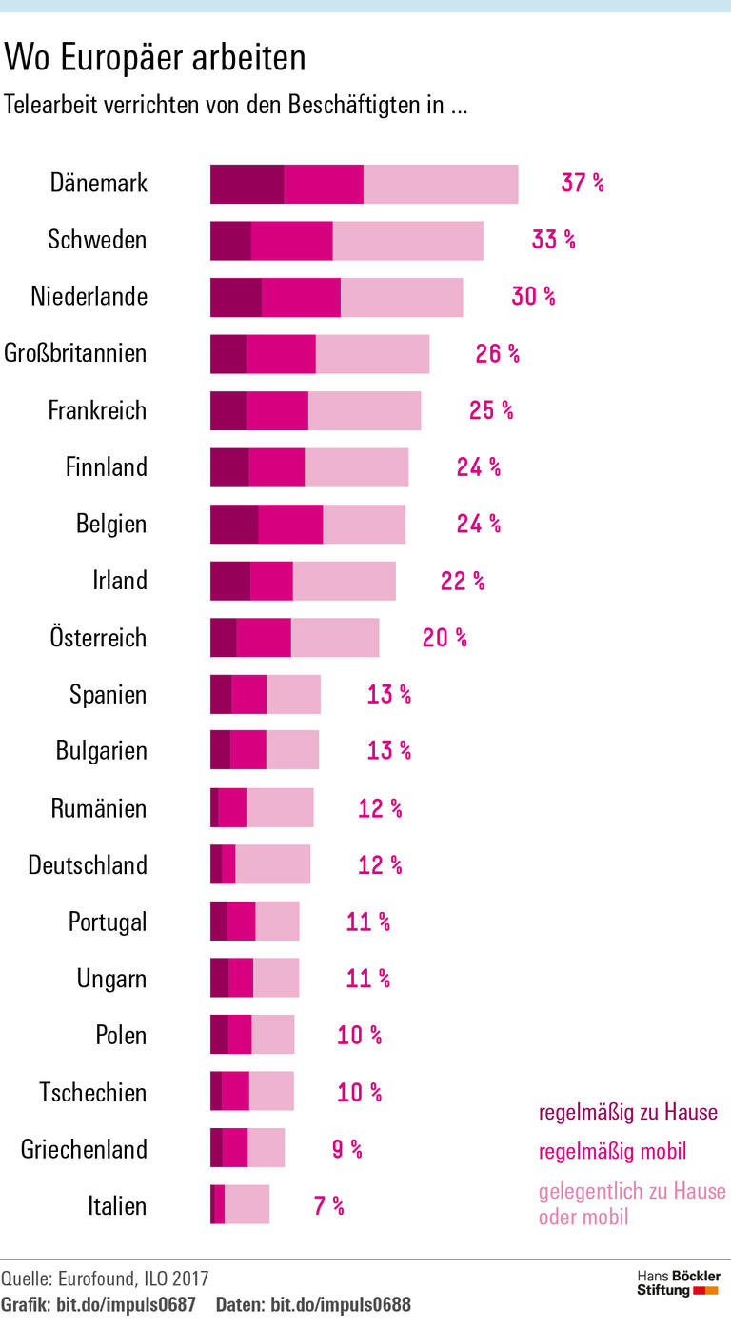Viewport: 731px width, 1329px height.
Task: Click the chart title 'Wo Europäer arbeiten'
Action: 155,59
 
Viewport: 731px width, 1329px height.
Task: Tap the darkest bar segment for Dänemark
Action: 247,184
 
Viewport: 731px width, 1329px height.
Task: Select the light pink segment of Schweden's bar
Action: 407,241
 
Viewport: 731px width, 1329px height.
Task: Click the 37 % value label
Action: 582,183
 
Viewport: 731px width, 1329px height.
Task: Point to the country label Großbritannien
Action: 76,353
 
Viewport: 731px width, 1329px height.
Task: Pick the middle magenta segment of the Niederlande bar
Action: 301,298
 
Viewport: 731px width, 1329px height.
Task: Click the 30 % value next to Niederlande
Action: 533,296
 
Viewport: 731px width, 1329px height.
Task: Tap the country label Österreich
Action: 98,637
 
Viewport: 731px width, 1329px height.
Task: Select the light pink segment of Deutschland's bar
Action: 272,864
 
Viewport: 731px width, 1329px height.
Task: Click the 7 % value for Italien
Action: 328,1206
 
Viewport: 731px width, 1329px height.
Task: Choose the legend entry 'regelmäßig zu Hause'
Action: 628,1112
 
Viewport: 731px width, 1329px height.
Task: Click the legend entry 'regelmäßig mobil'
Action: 612,1152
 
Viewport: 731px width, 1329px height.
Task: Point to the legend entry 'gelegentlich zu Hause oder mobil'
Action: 631,1203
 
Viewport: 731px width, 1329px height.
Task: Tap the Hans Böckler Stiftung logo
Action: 678,1283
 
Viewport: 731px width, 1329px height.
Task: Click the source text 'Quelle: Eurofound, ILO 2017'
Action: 105,1278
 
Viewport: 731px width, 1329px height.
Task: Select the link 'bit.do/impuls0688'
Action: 341,1304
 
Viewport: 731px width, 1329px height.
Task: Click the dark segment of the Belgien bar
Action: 233,525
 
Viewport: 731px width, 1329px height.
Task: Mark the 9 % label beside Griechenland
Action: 346,1149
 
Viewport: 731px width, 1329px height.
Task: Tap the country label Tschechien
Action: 93,1092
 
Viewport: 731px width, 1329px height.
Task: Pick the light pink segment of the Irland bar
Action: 344,582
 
